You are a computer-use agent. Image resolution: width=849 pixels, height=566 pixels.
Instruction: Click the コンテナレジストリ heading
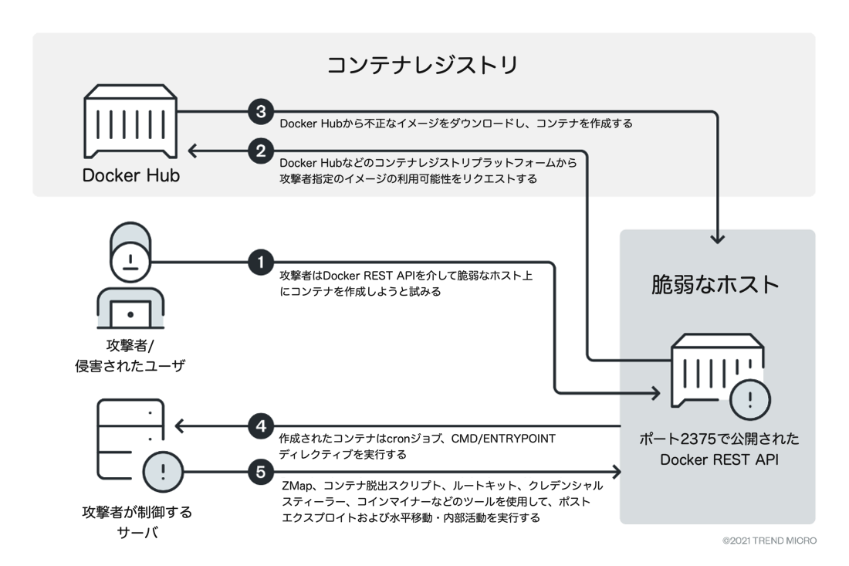422,65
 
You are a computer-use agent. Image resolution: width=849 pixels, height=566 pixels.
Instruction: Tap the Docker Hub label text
131,176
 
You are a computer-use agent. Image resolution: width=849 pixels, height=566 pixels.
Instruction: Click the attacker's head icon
129,256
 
